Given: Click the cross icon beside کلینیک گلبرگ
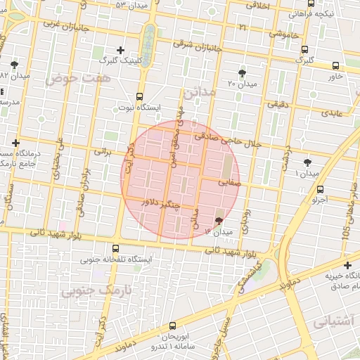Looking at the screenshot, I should (121, 50).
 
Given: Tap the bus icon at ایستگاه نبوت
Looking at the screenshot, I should (139, 96).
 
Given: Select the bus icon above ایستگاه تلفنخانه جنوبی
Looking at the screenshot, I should (116, 248).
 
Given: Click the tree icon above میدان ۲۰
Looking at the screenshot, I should (243, 73).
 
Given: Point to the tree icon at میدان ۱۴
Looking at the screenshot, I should (217, 220).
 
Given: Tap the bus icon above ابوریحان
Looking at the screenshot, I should (173, 326).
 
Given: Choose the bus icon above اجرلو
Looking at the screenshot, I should (321, 189).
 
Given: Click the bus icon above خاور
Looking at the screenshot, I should (335, 65).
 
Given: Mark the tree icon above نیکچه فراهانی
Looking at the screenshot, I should (311, 4).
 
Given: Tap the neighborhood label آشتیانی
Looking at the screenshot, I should (331, 322).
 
